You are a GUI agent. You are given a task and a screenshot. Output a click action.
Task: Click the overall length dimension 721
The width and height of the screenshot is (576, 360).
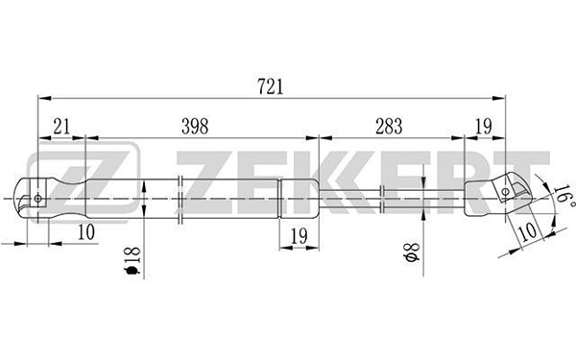[x=271, y=87]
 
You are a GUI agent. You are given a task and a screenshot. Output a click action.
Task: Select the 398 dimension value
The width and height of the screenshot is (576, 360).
[x=195, y=127]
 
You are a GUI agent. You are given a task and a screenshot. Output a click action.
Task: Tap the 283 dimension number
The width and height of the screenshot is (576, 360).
[x=389, y=127]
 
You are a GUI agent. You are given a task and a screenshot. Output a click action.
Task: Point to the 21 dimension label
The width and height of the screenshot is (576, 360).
[x=61, y=127]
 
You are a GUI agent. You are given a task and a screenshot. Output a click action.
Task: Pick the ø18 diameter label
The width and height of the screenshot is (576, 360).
[x=133, y=261]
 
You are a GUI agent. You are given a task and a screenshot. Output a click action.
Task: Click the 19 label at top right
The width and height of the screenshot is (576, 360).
[x=484, y=127]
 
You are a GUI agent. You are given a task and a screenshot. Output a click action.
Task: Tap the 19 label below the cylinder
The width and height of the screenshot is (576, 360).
[x=299, y=236]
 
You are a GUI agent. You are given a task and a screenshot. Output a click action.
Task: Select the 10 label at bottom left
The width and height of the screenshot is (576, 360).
[x=86, y=232]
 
